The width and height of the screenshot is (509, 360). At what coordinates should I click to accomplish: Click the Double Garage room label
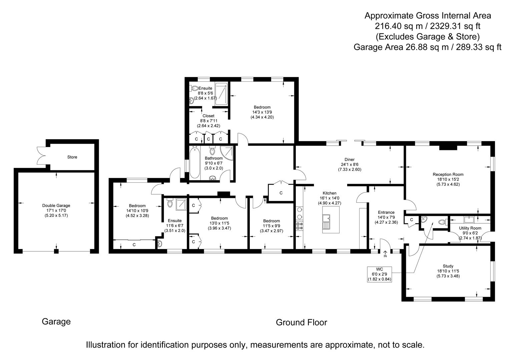pyautogui.click(x=56, y=206)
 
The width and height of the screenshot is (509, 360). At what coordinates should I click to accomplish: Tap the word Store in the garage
pyautogui.click(x=72, y=157)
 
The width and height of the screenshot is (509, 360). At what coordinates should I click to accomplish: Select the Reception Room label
pyautogui.click(x=448, y=174)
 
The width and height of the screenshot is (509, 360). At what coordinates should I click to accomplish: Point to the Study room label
pyautogui.click(x=448, y=266)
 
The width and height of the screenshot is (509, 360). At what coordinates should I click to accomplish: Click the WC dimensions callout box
pyautogui.click(x=380, y=274)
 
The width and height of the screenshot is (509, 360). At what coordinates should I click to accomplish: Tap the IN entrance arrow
pyautogui.click(x=385, y=254)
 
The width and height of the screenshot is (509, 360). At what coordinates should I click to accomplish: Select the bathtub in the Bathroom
pyautogui.click(x=194, y=162)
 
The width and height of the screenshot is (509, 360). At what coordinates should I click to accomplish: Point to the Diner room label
pyautogui.click(x=349, y=159)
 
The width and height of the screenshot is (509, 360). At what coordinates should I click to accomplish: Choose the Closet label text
pyautogui.click(x=208, y=116)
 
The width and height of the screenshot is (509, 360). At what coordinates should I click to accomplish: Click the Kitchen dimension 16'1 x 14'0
pyautogui.click(x=330, y=198)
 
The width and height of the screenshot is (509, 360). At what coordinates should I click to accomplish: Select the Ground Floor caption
pyautogui.click(x=301, y=322)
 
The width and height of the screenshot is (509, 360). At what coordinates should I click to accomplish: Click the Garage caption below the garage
pyautogui.click(x=56, y=322)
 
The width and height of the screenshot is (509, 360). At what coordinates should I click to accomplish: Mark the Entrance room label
pyautogui.click(x=386, y=212)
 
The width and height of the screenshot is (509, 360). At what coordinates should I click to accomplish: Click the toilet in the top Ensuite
pyautogui.click(x=194, y=88)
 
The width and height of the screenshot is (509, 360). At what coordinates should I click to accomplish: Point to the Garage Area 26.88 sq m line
pyautogui.click(x=427, y=47)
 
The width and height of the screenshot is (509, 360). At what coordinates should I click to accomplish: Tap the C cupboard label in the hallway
pyautogui.click(x=281, y=193)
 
